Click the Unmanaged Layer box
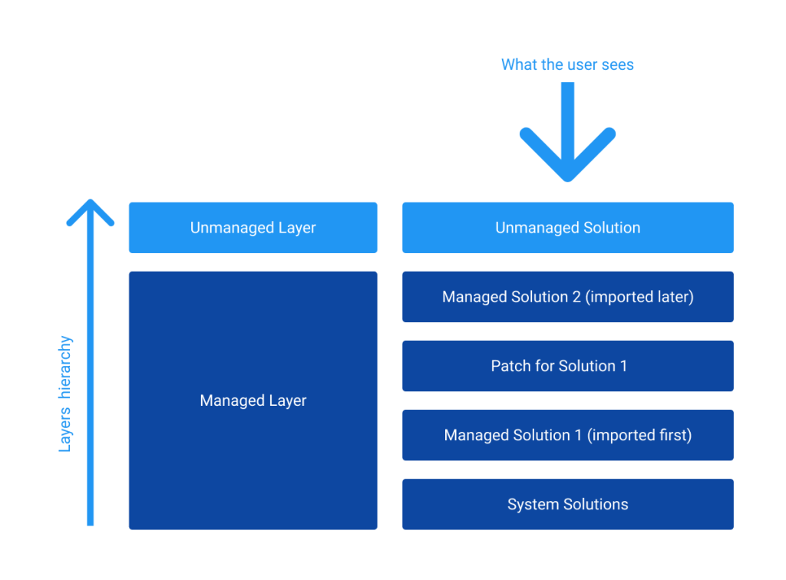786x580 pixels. tap(253, 228)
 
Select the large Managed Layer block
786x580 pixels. tap(253, 400)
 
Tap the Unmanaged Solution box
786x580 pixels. tap(567, 228)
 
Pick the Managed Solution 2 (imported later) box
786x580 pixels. tap(567, 297)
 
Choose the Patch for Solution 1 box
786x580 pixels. tap(567, 366)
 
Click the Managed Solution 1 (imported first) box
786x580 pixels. tap(567, 435)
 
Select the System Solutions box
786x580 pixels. tap(567, 504)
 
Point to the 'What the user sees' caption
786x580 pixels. tap(567, 65)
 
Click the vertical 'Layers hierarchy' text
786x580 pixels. tap(66, 394)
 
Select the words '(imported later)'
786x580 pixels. tap(639, 297)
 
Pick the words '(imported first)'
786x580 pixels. tap(640, 435)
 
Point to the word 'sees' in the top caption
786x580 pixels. tap(617, 65)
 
